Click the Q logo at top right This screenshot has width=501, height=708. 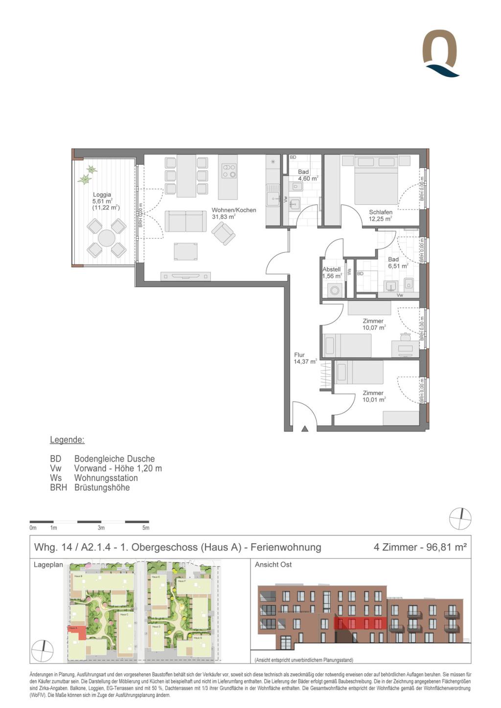pos(440,53)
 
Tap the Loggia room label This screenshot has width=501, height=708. pos(102,195)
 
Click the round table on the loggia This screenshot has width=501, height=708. pos(106,238)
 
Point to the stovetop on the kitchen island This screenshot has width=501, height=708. pos(228,171)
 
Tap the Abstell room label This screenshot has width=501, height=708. pos(331,269)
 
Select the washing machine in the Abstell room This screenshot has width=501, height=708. pos(335,290)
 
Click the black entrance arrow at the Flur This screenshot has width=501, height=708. pos(305,429)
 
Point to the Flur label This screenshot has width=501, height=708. pos(299,355)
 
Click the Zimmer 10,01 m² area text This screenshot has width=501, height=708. pos(374,399)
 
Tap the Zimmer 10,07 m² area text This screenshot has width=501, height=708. pos(374,328)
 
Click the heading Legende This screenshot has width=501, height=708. pos(67,440)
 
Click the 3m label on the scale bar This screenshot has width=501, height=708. pos(101,528)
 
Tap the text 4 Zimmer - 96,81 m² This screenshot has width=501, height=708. pos(420,547)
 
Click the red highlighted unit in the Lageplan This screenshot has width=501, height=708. pos(78,633)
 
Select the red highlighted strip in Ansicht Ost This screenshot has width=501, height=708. pos(360,623)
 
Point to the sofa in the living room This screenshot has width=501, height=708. pos(185,221)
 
